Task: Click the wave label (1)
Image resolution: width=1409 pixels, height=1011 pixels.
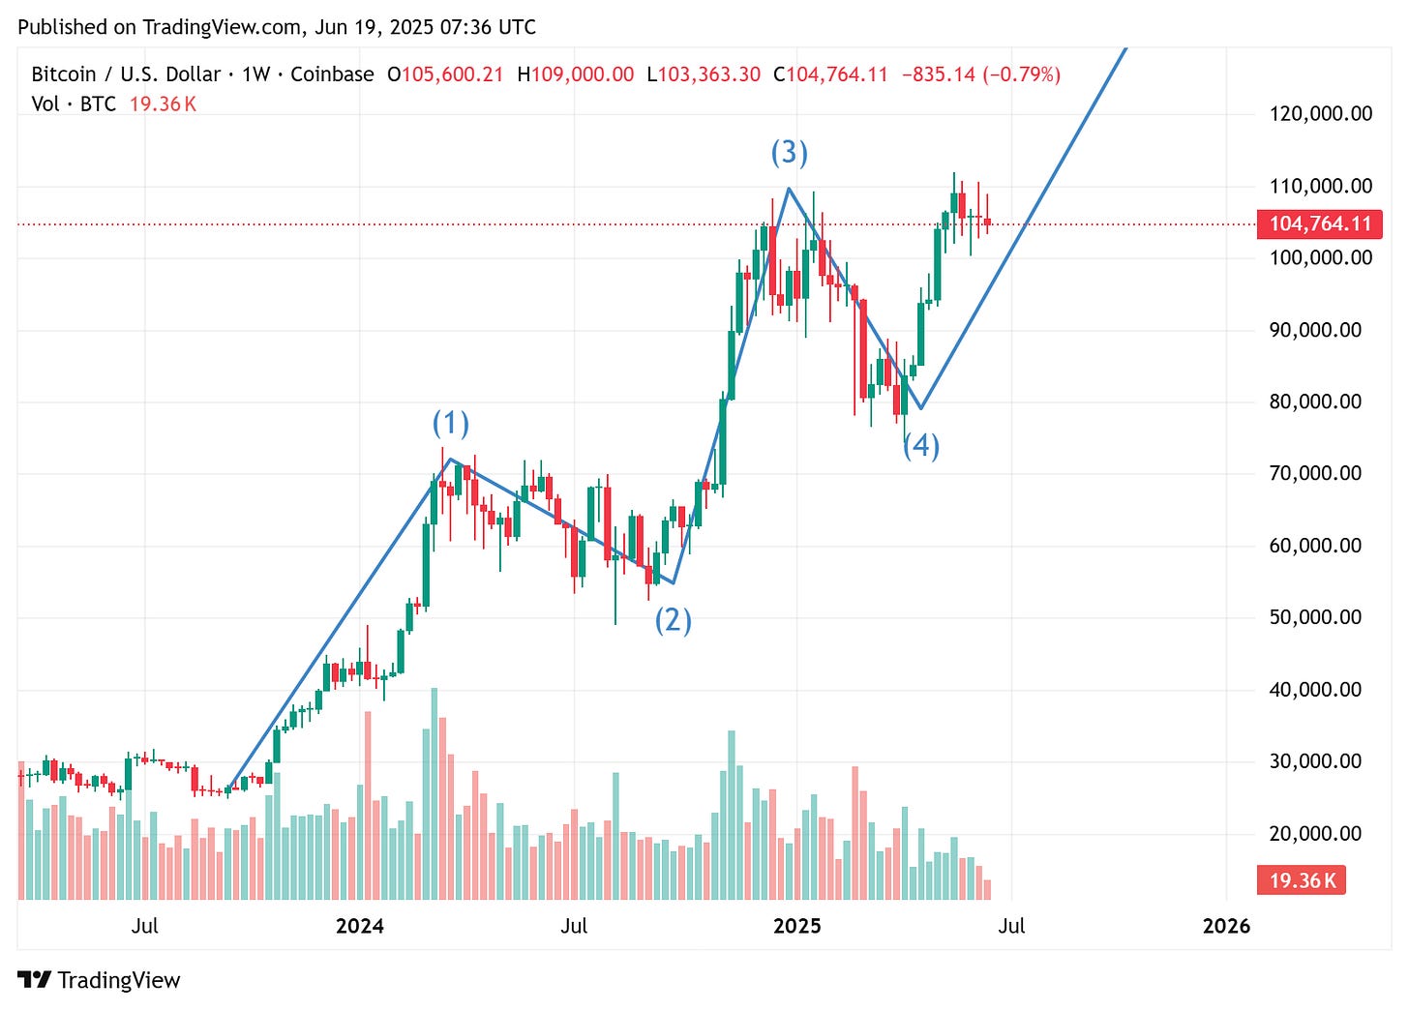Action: pos(450,424)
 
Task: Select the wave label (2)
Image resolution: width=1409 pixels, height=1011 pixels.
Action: pos(674,619)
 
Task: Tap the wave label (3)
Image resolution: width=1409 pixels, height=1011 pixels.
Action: pos(789,152)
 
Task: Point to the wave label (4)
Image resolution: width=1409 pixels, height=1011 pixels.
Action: pos(921,445)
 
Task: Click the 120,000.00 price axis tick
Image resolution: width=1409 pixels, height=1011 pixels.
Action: pos(1320,114)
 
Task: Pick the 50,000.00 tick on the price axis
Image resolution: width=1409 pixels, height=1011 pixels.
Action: pos(1315,617)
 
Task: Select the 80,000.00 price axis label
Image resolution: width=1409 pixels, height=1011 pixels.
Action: pos(1315,401)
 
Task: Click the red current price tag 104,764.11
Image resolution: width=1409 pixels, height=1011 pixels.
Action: pos(1320,224)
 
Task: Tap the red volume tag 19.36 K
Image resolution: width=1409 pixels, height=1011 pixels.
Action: pos(1302,880)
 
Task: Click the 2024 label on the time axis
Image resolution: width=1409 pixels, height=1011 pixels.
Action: pos(359,927)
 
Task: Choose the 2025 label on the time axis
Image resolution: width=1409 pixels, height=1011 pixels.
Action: pos(796,927)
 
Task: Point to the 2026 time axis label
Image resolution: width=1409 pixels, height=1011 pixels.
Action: pos(1226,927)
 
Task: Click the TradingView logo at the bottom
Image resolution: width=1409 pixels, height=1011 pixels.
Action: pos(99,980)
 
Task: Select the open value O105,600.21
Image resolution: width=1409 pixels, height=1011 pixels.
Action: pos(445,74)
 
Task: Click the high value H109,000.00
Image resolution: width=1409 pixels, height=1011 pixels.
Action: pos(576,74)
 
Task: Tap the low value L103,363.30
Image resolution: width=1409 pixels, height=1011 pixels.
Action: pos(704,74)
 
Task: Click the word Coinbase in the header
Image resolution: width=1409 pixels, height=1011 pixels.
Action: pos(332,74)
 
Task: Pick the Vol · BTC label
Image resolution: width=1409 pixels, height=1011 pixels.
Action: pos(74,104)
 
